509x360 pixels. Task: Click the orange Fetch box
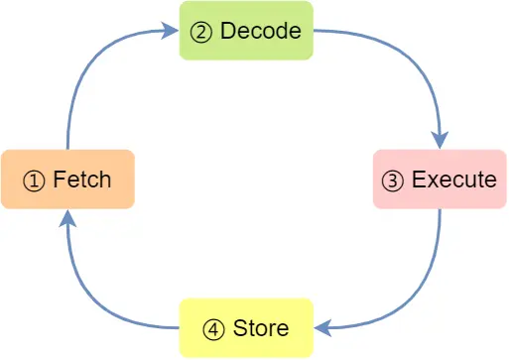67,180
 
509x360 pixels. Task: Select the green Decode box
246,31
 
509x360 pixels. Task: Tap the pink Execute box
440,180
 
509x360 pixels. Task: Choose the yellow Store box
246,327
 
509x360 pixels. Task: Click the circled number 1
35,180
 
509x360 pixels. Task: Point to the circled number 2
202,32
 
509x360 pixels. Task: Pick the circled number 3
394,180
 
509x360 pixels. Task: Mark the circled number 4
215,328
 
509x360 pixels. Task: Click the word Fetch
81,180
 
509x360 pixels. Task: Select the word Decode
260,32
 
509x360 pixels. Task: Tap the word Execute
453,180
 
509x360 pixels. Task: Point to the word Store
261,328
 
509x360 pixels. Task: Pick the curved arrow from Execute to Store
417,302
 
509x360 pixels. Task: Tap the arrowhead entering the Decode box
171,32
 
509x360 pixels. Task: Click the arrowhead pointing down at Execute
440,140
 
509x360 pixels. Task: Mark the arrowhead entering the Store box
322,328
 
